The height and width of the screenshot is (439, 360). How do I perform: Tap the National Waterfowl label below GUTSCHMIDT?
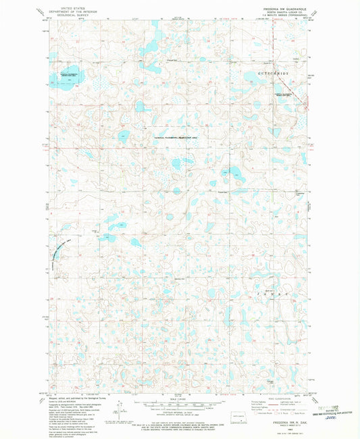(x=286, y=93)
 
